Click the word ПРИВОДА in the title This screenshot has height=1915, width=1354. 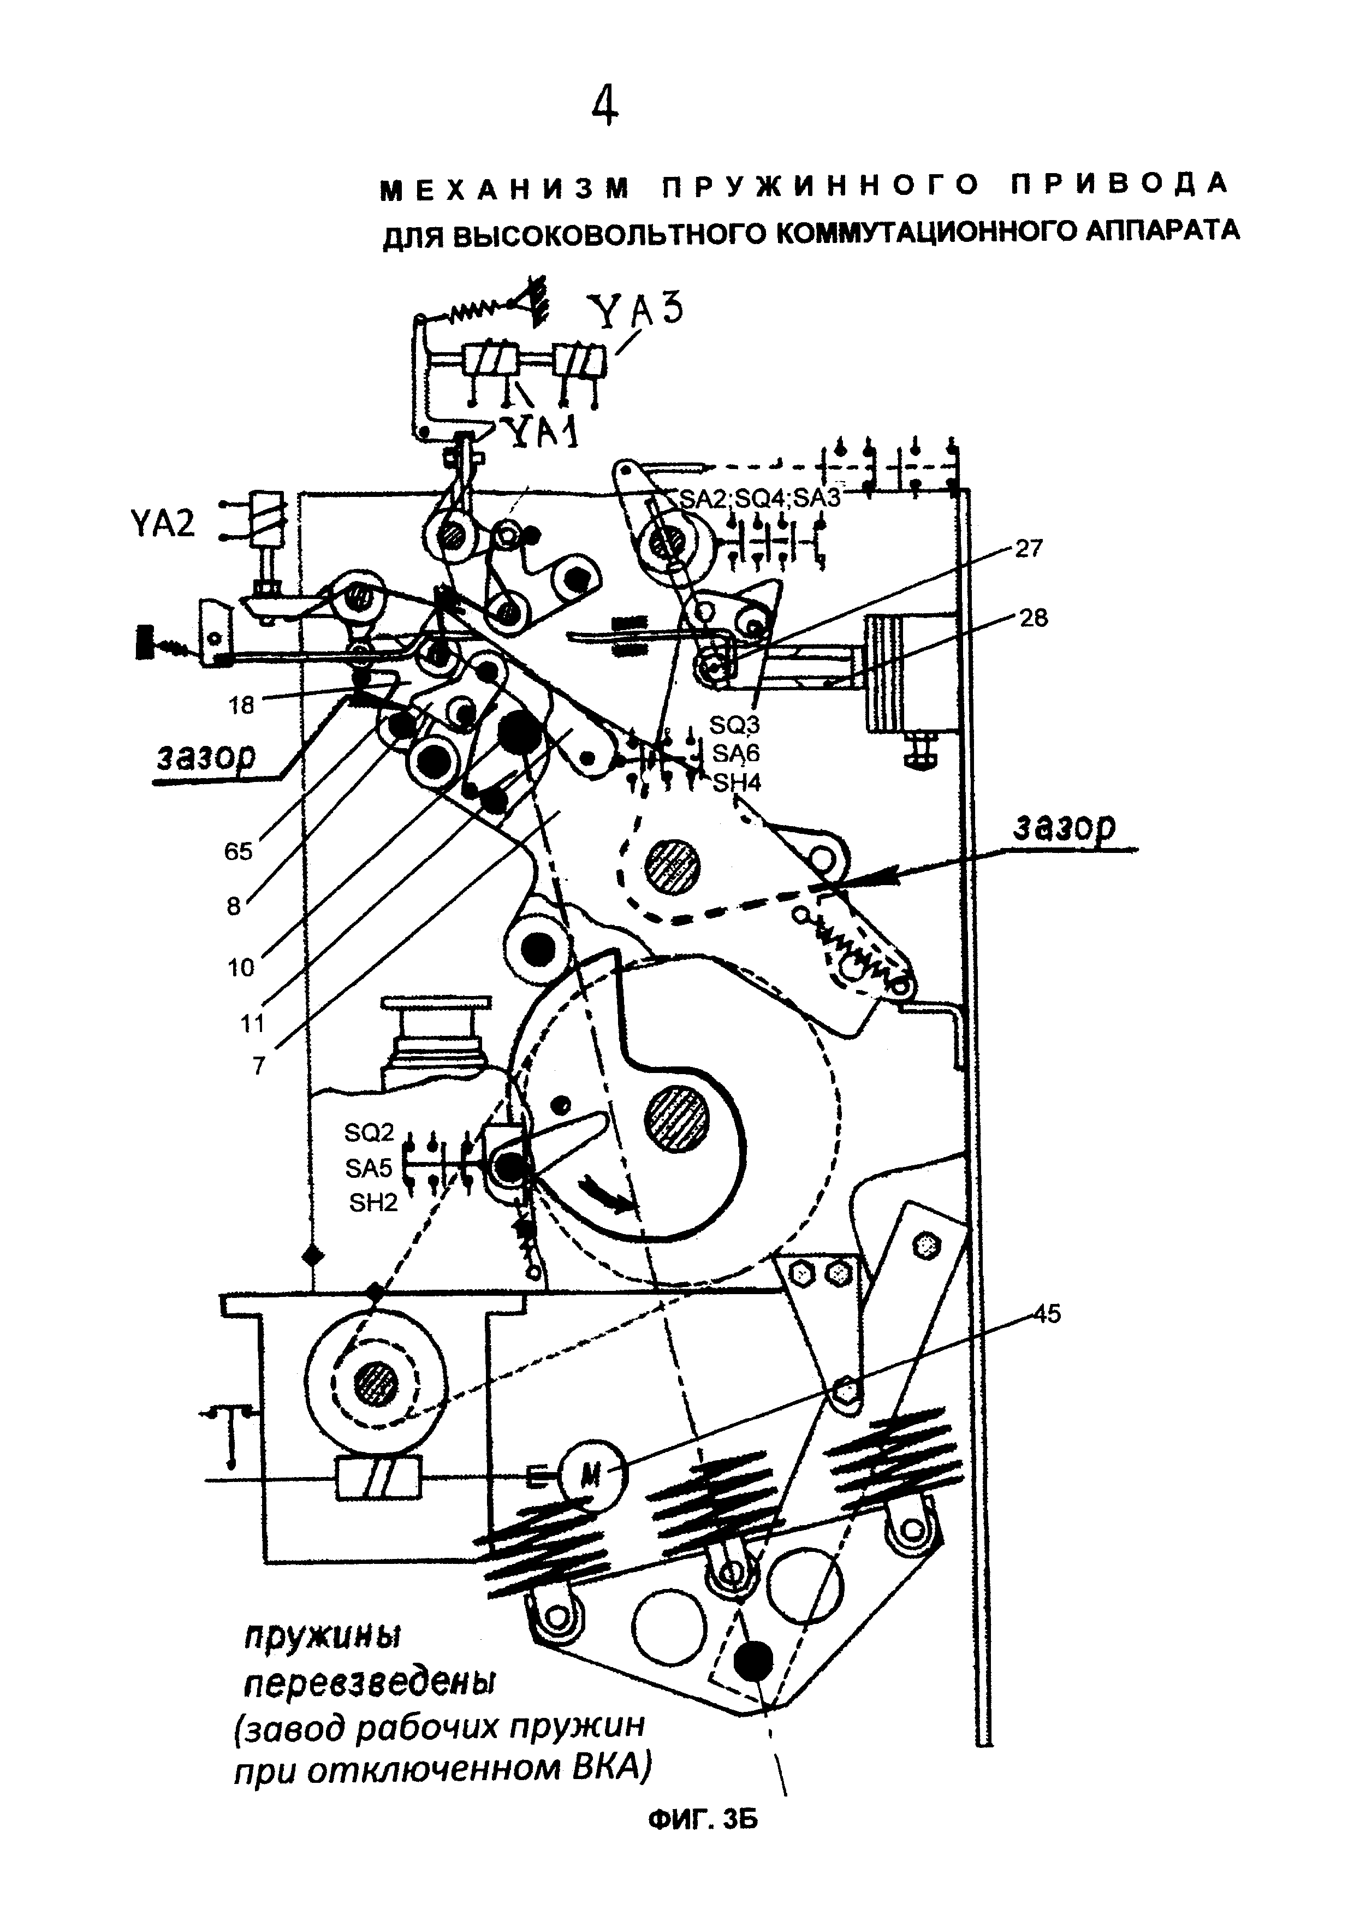coord(1121,185)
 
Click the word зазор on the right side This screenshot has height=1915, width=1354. coord(1065,827)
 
